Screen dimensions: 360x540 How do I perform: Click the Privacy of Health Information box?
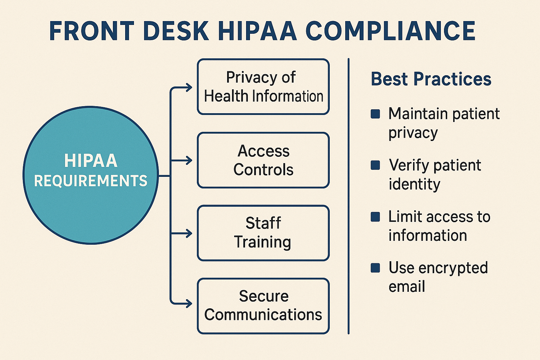pos(263,87)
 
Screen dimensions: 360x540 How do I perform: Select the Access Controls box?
pos(263,160)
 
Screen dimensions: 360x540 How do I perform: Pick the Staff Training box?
pos(263,233)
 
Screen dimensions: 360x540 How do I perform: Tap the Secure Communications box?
pos(263,306)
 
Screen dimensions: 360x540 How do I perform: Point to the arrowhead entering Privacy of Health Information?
pos(189,88)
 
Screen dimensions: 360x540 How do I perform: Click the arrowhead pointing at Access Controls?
pos(189,160)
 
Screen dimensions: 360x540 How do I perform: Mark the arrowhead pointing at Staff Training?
pos(189,233)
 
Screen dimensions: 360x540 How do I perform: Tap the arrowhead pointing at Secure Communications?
pos(189,303)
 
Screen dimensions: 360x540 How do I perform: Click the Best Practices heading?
pos(431,79)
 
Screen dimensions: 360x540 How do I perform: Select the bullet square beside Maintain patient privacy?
pos(375,114)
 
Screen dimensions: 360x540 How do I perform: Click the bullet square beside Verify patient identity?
pos(375,165)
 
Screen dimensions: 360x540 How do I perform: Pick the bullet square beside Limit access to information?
pos(375,217)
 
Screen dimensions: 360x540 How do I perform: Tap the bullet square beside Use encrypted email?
pos(375,268)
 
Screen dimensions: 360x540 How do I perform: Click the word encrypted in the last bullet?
pos(453,268)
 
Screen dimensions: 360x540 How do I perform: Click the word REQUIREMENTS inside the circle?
pos(91,181)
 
